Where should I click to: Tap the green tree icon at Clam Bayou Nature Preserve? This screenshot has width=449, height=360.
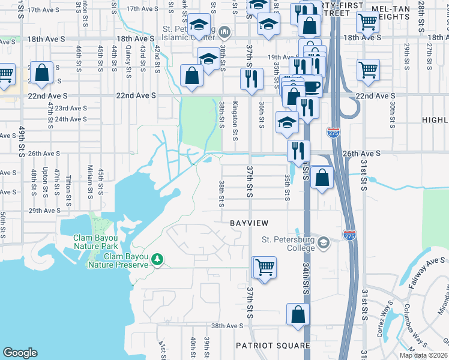pos(158,259)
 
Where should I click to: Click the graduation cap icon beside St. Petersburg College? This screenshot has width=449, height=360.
pos(324,242)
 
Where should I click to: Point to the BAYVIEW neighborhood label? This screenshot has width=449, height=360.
pos(249,223)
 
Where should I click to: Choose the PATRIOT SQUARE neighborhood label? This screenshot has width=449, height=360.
pos(273,346)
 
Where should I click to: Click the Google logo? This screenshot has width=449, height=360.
pos(20,353)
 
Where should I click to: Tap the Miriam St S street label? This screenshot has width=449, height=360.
pos(90,181)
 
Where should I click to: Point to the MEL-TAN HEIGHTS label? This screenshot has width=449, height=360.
pos(408,14)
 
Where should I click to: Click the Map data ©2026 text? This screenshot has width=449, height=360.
pos(424,355)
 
